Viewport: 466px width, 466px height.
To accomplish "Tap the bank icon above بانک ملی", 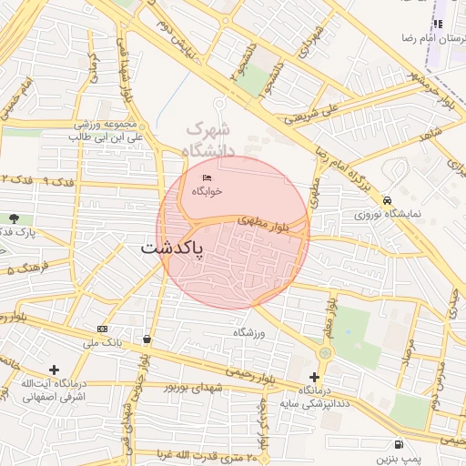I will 101,329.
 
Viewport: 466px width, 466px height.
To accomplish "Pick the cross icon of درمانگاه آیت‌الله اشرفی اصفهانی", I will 55,370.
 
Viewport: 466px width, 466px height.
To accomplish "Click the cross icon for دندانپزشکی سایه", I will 315,377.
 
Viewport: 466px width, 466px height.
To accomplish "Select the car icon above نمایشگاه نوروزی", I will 388,200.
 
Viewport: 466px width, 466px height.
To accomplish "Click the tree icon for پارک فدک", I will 14,218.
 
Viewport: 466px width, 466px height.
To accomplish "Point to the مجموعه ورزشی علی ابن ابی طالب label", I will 105,130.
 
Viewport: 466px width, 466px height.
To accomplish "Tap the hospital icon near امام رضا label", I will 438,24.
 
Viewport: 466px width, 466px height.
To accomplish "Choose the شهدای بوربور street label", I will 193,387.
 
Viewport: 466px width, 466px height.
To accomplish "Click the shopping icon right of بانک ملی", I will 147,339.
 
